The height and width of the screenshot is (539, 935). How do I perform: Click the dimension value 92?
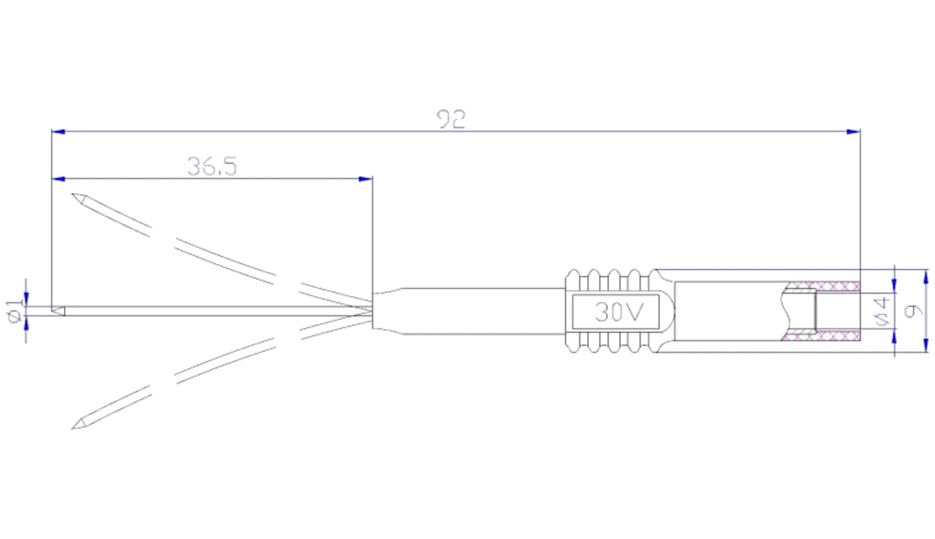tap(451, 119)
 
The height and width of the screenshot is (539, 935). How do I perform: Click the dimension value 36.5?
tap(212, 166)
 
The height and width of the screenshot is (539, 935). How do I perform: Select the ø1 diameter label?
tap(15, 311)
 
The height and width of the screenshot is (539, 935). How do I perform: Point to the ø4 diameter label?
tap(882, 311)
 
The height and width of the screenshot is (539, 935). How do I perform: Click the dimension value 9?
tap(913, 311)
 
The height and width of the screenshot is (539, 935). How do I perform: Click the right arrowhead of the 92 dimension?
tap(853, 132)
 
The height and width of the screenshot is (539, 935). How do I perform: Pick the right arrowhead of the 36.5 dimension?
tap(365, 179)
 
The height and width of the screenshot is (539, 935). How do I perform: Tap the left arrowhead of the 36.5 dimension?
tap(58, 179)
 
